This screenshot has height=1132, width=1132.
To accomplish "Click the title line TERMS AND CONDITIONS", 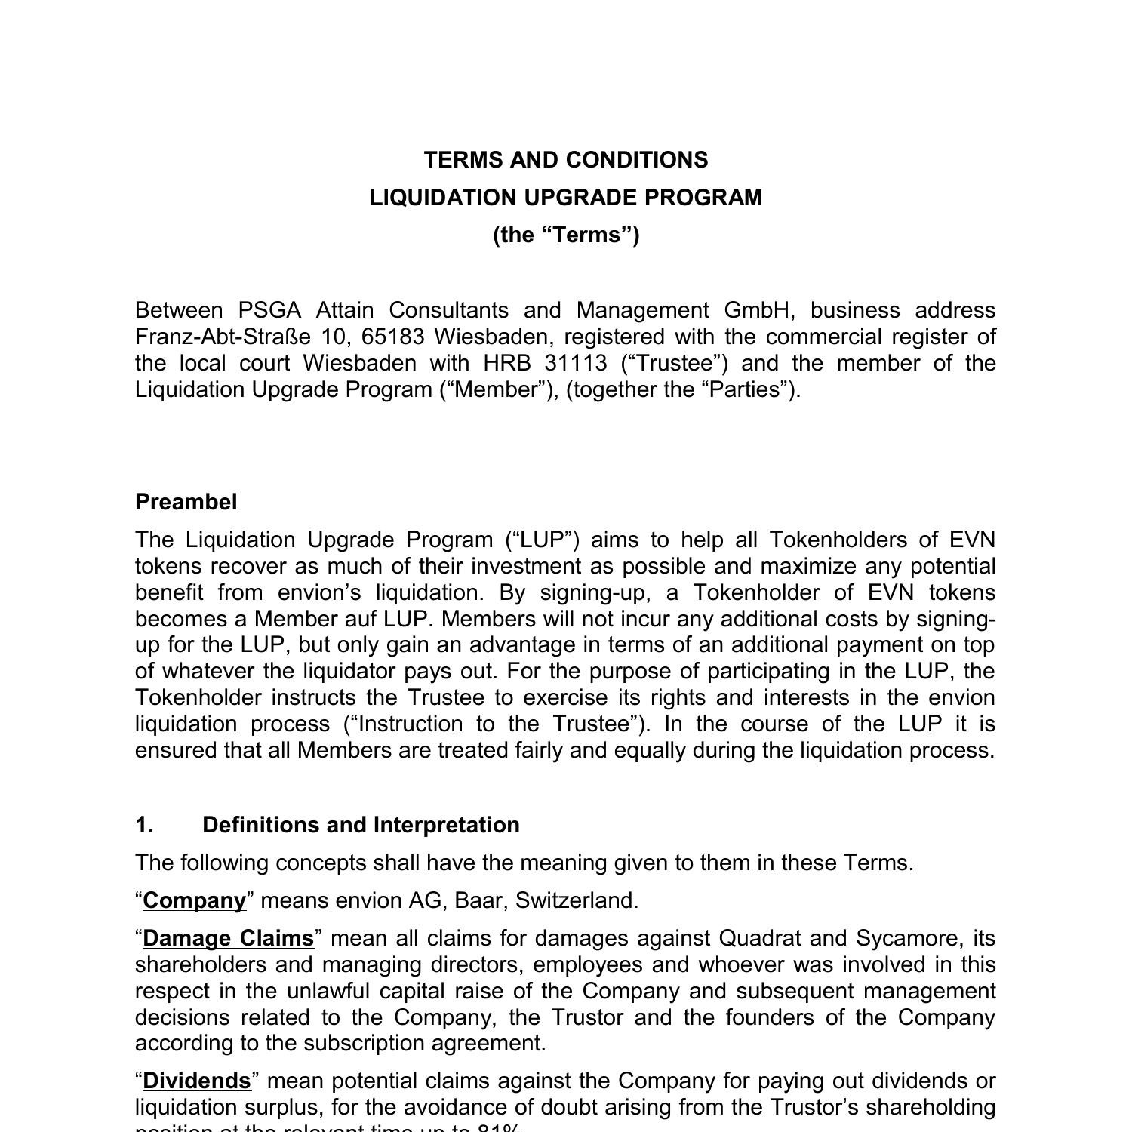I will coord(565,160).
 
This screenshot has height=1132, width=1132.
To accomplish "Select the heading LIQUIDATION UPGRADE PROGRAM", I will coord(565,198).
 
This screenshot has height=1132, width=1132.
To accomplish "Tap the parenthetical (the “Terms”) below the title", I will coord(565,235).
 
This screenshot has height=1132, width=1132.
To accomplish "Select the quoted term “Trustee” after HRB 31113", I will coord(675,363).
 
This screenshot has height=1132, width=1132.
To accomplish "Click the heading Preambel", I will coord(186,502).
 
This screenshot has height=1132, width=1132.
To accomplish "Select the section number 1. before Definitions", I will coord(144,825).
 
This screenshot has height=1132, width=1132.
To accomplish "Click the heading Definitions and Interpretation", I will coord(361,825).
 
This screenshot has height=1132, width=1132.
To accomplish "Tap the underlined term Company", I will coord(194,900).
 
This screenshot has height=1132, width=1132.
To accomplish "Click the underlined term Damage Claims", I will coord(228,938).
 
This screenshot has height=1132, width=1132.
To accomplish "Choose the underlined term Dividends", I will coord(196,1081).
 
